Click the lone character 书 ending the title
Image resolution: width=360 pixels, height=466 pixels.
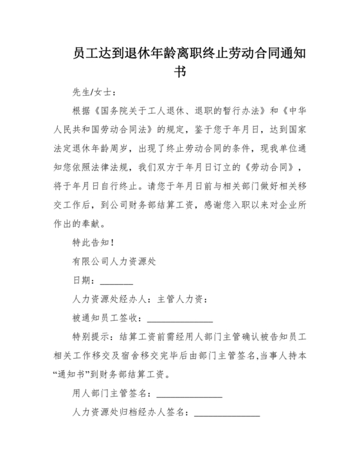click(x=180, y=71)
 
